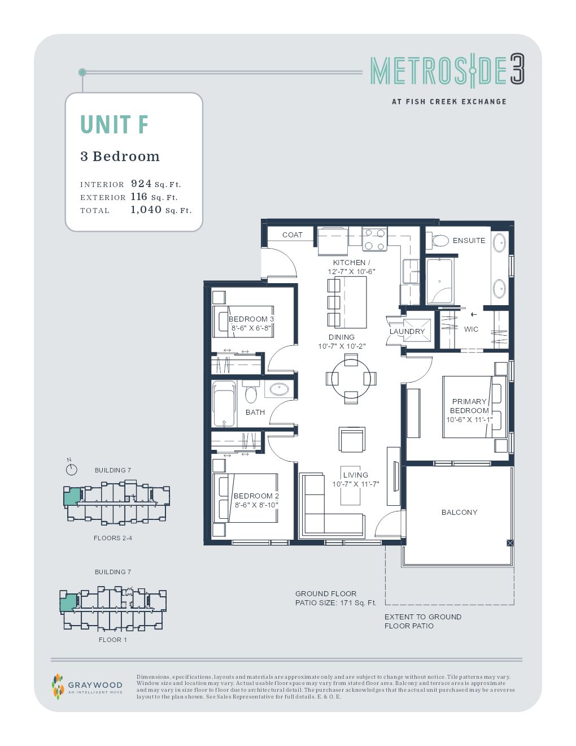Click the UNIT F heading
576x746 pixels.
(114, 125)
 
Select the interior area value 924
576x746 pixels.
(141, 184)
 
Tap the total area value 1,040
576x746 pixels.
(146, 210)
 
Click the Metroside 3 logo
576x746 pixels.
(447, 71)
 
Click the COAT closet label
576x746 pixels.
(292, 235)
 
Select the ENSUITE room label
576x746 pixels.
(469, 240)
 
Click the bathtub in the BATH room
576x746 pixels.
(224, 404)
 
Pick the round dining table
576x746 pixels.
(351, 378)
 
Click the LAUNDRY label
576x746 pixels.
(407, 331)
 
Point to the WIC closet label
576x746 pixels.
(471, 329)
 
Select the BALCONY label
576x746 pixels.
(459, 512)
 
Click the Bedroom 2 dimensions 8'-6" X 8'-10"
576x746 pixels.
(256, 505)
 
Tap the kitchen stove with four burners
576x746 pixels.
(374, 238)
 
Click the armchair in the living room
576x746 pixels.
(352, 440)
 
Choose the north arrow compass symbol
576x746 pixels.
(71, 469)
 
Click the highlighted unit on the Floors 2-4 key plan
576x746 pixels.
(71, 497)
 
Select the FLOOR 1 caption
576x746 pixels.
(112, 640)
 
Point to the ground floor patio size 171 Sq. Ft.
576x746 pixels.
(335, 603)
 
